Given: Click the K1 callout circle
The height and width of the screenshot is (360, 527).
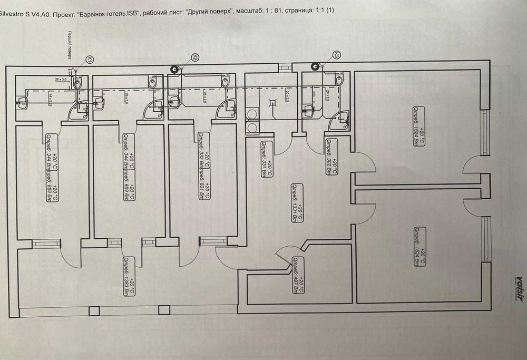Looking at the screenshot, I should [x=90, y=61].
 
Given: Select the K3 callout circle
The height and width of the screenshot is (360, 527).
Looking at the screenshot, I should [x=336, y=55].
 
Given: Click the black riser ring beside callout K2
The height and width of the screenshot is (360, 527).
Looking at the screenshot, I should [x=174, y=69].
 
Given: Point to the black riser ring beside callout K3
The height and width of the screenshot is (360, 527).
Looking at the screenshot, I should [x=315, y=66].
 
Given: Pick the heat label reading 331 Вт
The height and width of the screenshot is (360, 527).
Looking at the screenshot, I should [x=267, y=159].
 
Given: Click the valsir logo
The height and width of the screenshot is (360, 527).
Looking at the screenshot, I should [x=519, y=287].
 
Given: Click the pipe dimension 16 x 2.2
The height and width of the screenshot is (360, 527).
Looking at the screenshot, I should [x=50, y=98].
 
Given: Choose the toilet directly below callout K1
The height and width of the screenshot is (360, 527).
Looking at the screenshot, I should [x=77, y=83].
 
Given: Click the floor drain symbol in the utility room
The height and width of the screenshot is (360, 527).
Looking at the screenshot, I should [x=273, y=103].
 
